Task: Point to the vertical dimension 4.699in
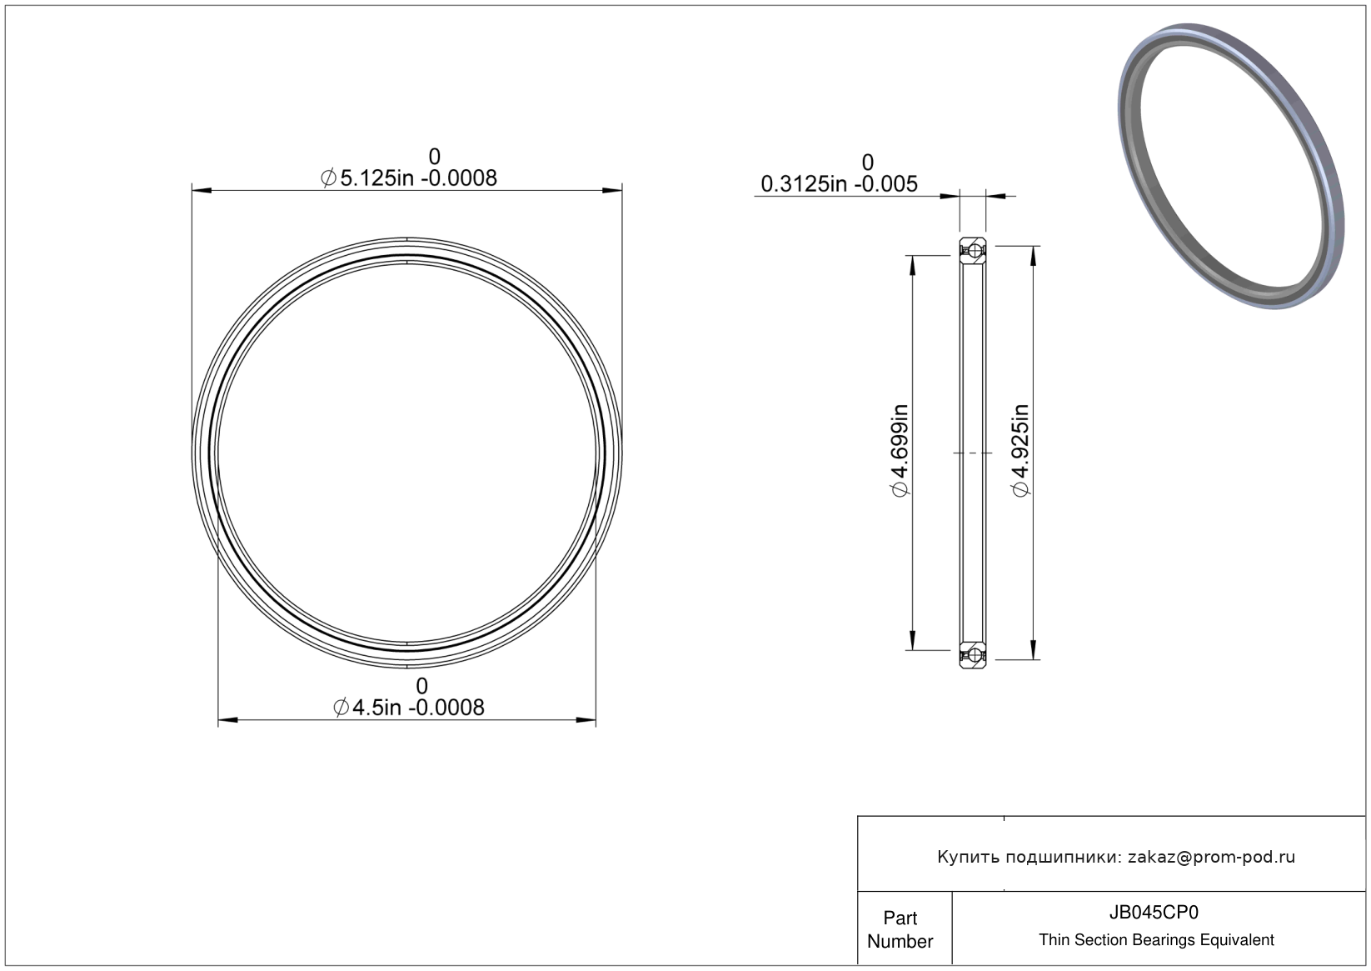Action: coord(900,451)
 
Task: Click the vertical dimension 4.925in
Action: coord(1020,451)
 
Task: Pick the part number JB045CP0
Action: coord(1154,912)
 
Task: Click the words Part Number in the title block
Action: coord(900,929)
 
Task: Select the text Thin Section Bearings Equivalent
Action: coord(1156,940)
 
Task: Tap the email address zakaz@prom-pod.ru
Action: coord(1211,857)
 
